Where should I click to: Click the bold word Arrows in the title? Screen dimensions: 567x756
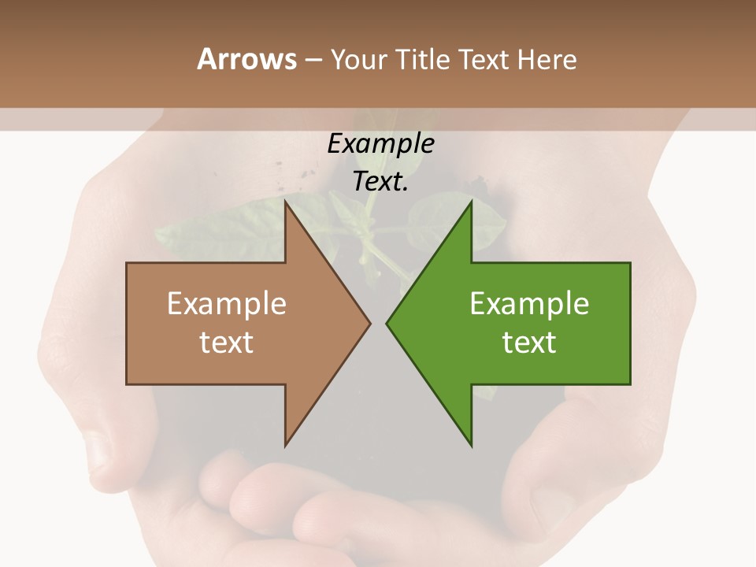(x=246, y=59)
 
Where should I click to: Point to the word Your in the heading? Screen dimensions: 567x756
(x=359, y=59)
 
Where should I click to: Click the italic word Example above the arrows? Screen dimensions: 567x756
(x=380, y=144)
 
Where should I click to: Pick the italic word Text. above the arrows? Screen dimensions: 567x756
(x=380, y=182)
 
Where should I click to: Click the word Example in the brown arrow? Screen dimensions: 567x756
(x=226, y=304)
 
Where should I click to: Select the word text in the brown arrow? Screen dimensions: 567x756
(x=226, y=343)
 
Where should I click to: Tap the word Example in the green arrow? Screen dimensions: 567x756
(x=529, y=304)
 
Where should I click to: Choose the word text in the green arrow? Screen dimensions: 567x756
(x=529, y=343)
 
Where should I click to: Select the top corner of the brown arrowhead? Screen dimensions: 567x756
(x=286, y=203)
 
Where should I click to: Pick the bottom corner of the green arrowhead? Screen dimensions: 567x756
(x=471, y=445)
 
